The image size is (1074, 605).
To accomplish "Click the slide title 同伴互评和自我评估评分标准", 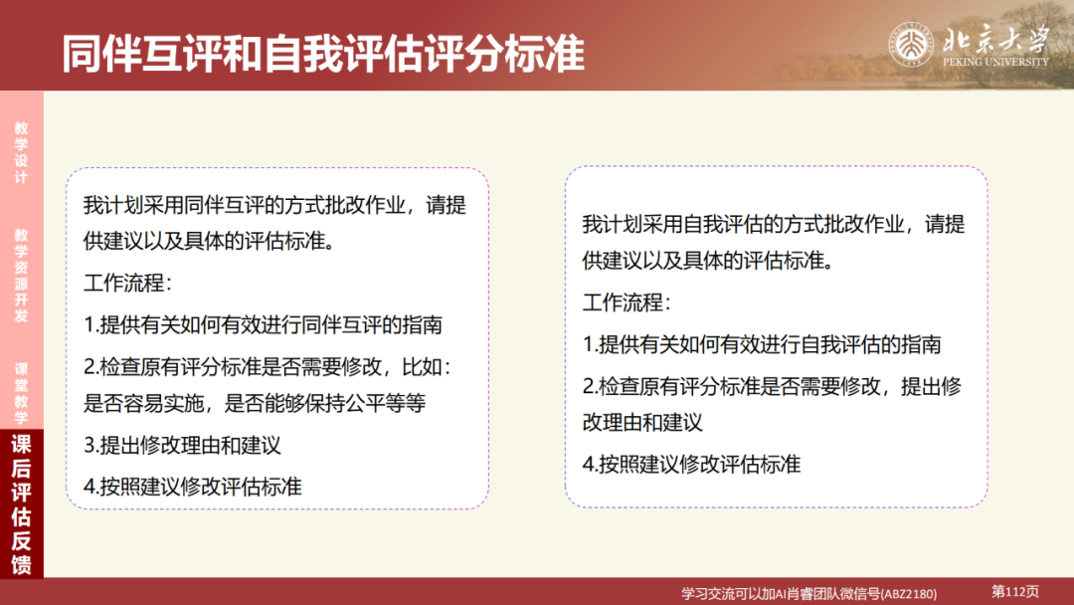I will coord(323,54).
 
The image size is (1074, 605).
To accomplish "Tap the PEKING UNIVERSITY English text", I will coord(993,62).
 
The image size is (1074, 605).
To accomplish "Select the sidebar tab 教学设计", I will coord(21,152).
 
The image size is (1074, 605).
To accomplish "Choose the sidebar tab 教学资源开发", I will coord(21,276).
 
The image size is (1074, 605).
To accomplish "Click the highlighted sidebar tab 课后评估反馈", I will coord(21,505).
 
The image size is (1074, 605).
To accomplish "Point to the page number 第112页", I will coord(1015,591).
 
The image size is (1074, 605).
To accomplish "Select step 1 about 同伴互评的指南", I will coord(264,324).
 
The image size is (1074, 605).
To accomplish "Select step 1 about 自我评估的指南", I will coord(762,344).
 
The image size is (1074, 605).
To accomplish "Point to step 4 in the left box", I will coord(193,486).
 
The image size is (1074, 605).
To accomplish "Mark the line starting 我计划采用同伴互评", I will coord(274,205).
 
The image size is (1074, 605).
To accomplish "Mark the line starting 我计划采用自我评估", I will coord(773,224).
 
